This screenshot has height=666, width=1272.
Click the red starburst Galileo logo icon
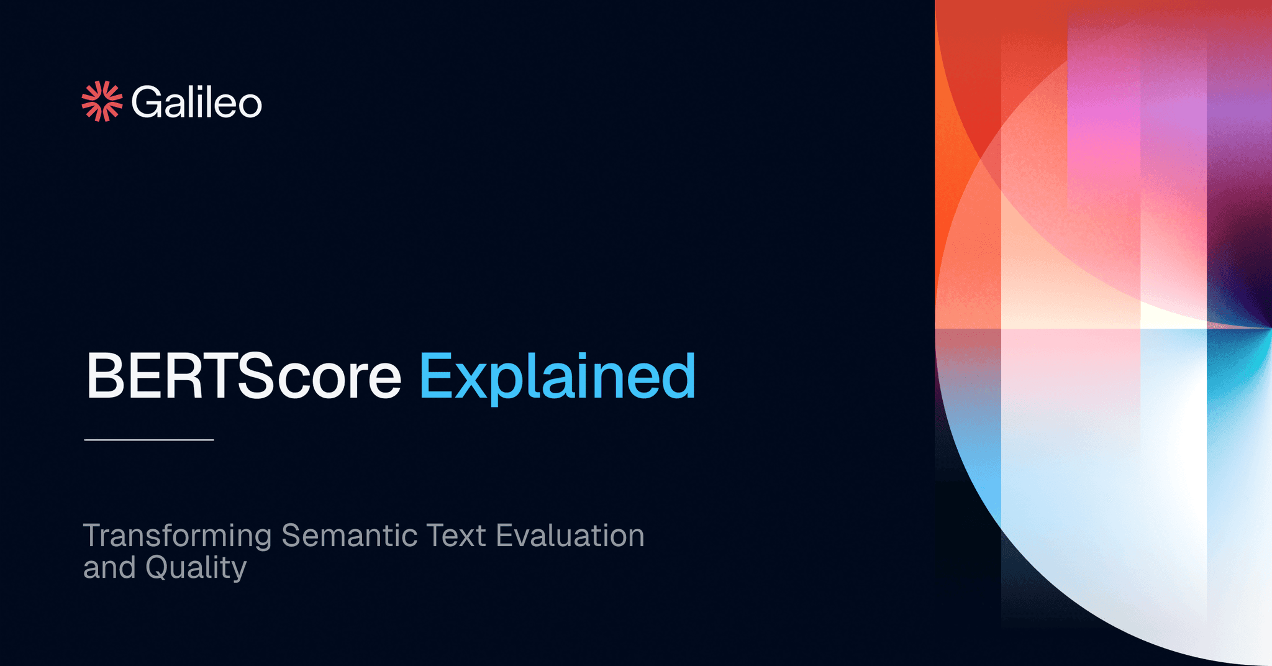point(102,101)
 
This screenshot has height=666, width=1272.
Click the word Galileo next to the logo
point(196,102)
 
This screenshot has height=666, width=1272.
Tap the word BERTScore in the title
point(243,376)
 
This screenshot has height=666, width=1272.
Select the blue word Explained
point(557,376)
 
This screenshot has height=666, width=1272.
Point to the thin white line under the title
point(149,440)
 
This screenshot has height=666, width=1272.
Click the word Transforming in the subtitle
point(178,536)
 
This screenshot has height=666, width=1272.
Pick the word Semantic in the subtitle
point(349,536)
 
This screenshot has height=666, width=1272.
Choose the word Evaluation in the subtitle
point(570,536)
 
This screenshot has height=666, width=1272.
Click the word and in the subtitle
point(109,568)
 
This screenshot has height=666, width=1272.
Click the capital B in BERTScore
point(106,376)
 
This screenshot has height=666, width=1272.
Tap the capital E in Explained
point(436,376)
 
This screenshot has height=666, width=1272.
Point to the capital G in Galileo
point(147,102)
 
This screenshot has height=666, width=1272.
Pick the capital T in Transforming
point(93,536)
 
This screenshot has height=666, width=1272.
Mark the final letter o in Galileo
point(250,105)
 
